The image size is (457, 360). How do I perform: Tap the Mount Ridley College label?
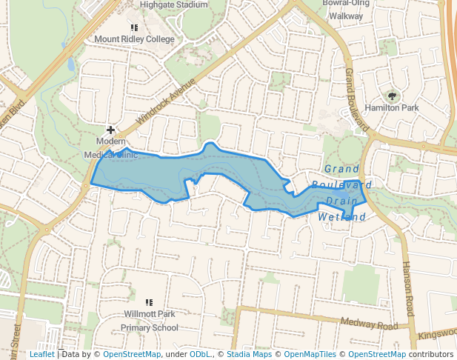click(135, 39)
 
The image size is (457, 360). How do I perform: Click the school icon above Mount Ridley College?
click(134, 27)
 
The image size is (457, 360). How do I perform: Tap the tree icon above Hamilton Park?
click(392, 96)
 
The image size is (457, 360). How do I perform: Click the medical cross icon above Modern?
click(110, 130)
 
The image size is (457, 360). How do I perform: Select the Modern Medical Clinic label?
click(110, 148)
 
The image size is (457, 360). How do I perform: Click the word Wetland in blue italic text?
click(342, 217)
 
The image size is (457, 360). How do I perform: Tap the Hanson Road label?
click(407, 289)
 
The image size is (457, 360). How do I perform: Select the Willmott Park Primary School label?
click(150, 321)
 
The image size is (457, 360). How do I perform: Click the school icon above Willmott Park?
click(150, 302)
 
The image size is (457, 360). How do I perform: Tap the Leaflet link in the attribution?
click(41, 355)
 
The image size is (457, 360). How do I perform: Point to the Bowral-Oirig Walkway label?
click(346, 8)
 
